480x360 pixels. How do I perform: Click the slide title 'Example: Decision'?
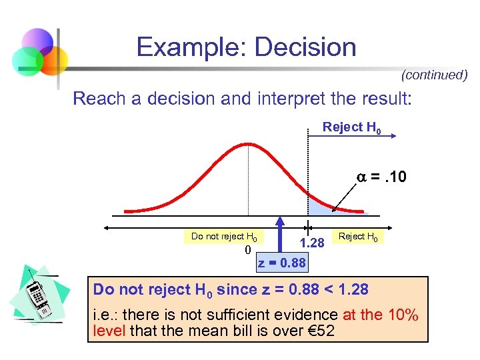(x=246, y=47)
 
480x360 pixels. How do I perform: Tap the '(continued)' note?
(x=434, y=75)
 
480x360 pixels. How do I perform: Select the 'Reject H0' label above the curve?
(x=352, y=127)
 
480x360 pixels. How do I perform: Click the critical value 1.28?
(x=311, y=243)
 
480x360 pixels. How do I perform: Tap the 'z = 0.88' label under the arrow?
(x=282, y=263)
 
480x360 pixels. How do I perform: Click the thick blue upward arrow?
(x=281, y=234)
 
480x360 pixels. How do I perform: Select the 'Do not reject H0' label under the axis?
(x=223, y=236)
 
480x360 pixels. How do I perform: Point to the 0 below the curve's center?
(x=247, y=251)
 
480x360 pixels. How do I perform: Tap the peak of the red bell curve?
(x=247, y=142)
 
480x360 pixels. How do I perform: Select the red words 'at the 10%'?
(x=379, y=315)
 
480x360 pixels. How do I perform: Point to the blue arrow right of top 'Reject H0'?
(x=390, y=135)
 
